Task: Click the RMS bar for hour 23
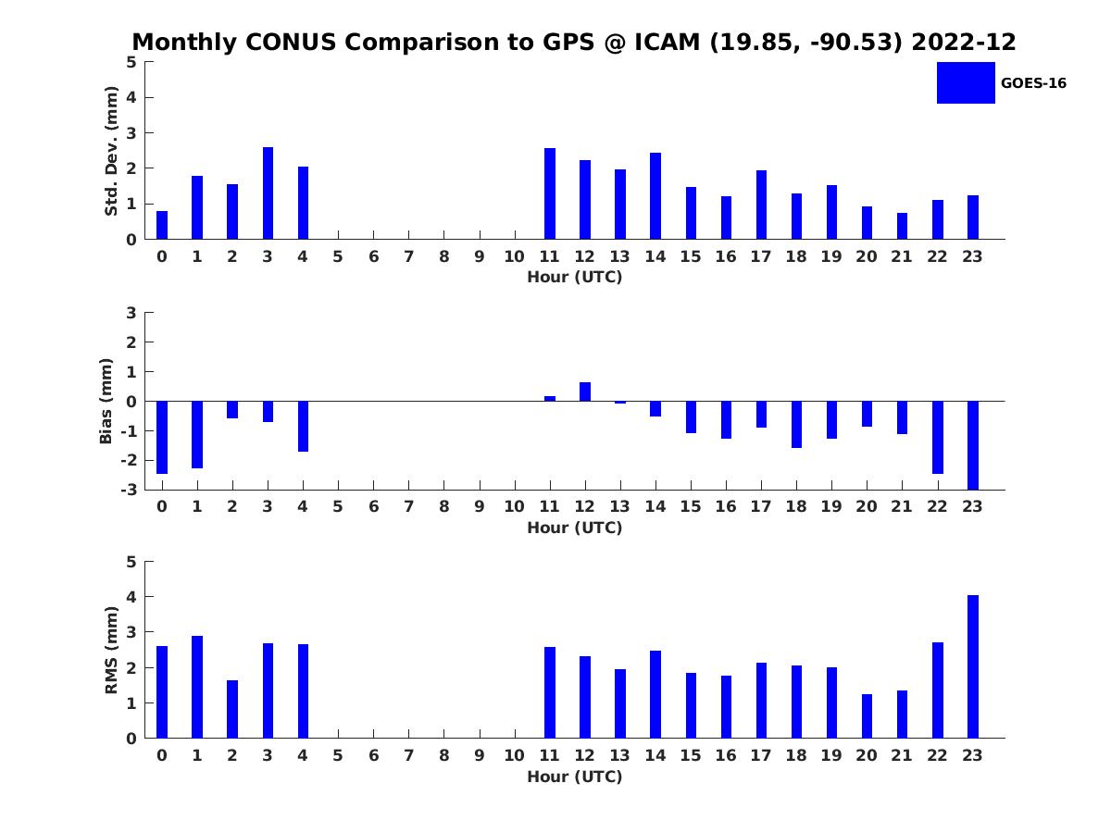click(x=972, y=666)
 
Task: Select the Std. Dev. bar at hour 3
click(x=268, y=193)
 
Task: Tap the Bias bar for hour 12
click(x=585, y=392)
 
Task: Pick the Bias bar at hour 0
click(x=162, y=437)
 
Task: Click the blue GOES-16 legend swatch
click(x=966, y=82)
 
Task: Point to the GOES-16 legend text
click(x=1033, y=83)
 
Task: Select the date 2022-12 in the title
click(x=964, y=43)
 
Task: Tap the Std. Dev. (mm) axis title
click(x=111, y=151)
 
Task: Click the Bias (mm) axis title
click(x=106, y=401)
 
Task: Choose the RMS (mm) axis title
click(x=111, y=651)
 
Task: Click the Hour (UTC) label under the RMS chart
click(x=574, y=777)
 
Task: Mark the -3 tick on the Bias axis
click(x=131, y=490)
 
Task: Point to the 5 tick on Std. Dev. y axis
click(x=131, y=62)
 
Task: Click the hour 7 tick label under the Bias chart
click(x=408, y=506)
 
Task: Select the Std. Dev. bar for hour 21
click(x=902, y=226)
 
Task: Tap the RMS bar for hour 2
click(x=232, y=709)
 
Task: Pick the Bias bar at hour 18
click(x=796, y=424)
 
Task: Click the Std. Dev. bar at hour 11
click(x=550, y=193)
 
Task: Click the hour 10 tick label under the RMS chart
click(x=514, y=755)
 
